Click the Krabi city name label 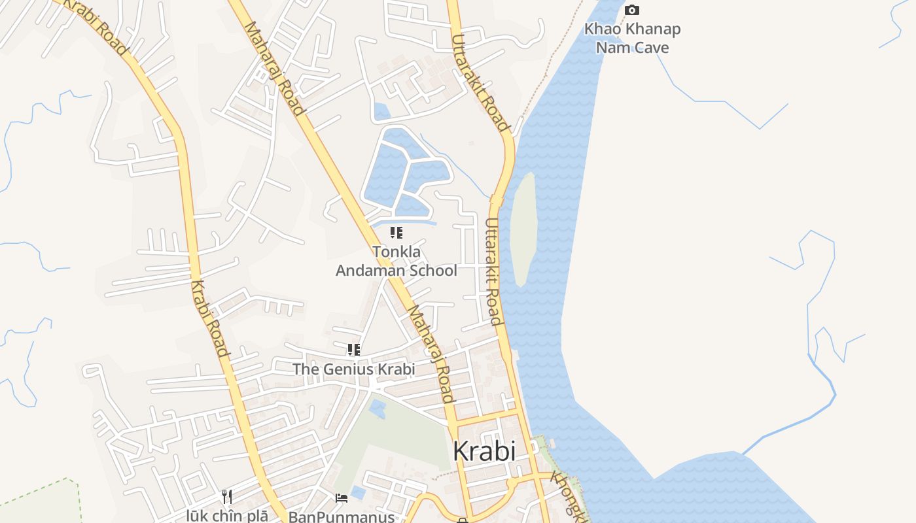click(x=484, y=451)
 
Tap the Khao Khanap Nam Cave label click(x=632, y=38)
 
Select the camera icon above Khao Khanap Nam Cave click(x=631, y=10)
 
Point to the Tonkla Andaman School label click(x=396, y=261)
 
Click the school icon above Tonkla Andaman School click(x=396, y=233)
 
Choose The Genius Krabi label click(x=353, y=369)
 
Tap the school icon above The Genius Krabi click(x=354, y=350)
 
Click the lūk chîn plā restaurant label click(x=226, y=515)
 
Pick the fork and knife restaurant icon click(x=227, y=497)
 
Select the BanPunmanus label click(x=342, y=516)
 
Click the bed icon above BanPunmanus click(x=342, y=498)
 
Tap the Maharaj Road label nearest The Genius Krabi click(x=431, y=354)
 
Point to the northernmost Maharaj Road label click(x=275, y=68)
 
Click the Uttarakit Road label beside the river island click(x=494, y=271)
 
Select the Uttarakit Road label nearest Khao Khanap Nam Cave click(x=480, y=82)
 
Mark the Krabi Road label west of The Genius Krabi click(x=211, y=319)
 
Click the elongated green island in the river click(x=523, y=229)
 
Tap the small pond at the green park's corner click(x=377, y=409)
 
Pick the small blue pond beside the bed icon click(x=358, y=491)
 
